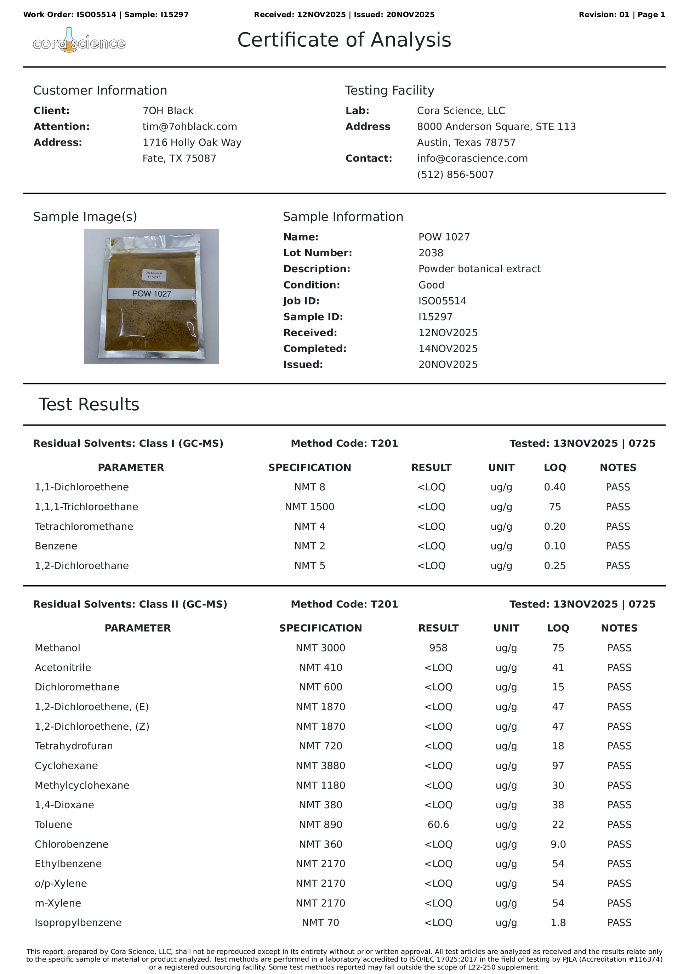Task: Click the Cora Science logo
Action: [79, 41]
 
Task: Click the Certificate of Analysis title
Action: [344, 40]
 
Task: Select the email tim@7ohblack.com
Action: [190, 126]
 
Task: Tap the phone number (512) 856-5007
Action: [455, 174]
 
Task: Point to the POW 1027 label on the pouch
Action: [152, 294]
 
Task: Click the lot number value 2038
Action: [431, 253]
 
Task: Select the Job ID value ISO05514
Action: [442, 301]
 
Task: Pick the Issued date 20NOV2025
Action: [448, 364]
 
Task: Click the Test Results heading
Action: [89, 404]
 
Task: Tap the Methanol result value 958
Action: [438, 648]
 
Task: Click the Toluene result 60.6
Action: [438, 824]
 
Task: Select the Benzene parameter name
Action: [56, 546]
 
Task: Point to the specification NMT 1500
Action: [310, 507]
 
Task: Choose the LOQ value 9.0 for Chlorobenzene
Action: [558, 844]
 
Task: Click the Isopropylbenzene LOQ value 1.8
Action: [558, 923]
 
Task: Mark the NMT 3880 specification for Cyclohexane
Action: [320, 766]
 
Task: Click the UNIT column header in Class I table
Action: [501, 467]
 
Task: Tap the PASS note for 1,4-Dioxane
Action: [619, 805]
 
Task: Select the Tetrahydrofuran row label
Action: [74, 746]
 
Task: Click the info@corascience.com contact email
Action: [472, 158]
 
